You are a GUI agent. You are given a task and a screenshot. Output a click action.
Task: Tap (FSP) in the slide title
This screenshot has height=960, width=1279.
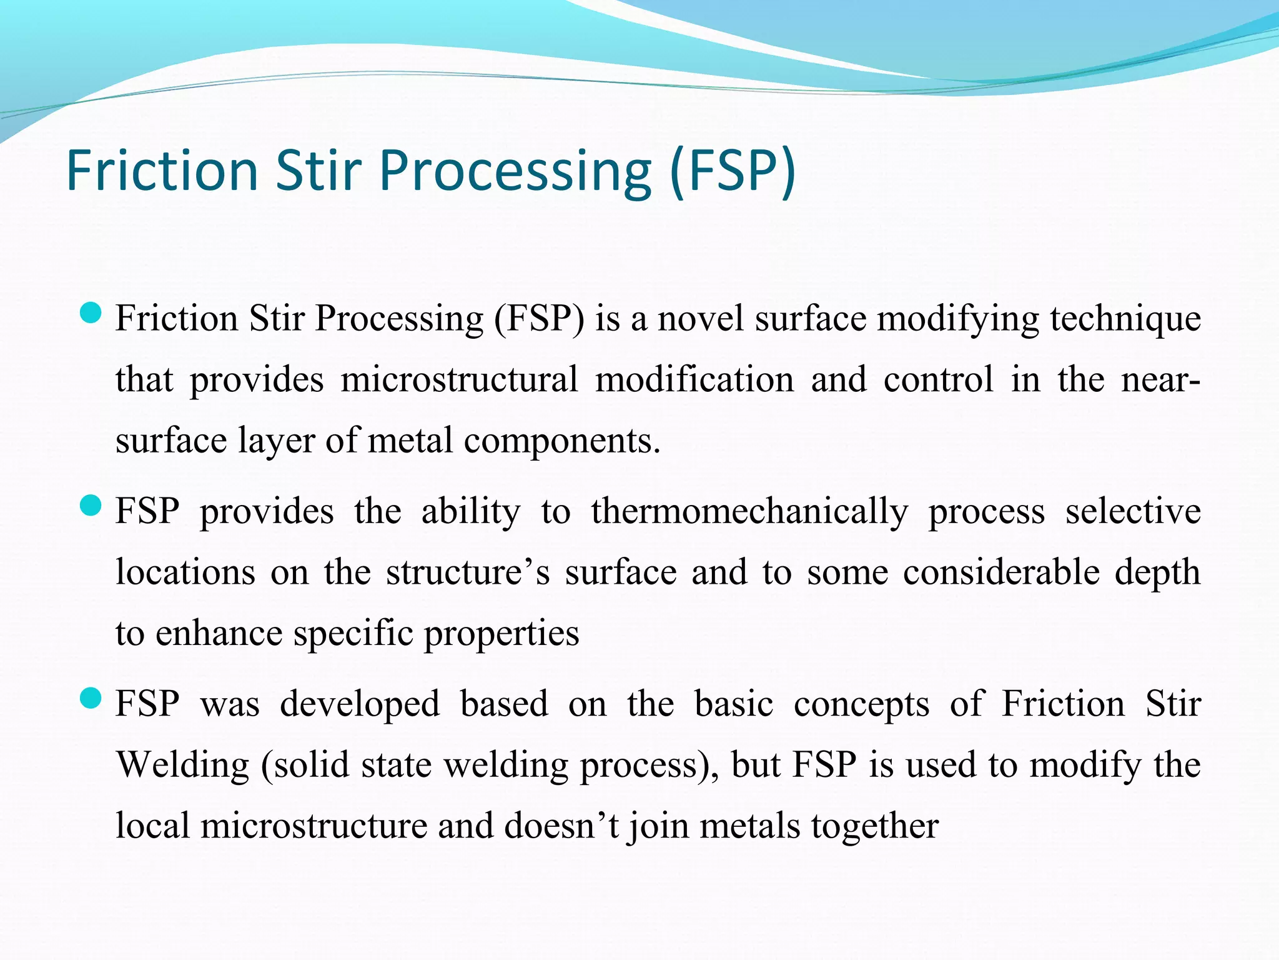pos(733,171)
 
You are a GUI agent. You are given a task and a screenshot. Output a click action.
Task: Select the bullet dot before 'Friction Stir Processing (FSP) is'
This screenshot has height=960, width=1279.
pos(91,313)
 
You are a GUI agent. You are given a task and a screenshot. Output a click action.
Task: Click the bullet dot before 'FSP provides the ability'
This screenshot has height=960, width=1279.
pos(91,506)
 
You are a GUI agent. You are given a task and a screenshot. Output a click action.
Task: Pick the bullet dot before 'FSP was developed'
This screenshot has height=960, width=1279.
pos(91,698)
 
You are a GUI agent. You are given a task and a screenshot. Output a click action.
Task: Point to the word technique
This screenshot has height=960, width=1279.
pos(1125,318)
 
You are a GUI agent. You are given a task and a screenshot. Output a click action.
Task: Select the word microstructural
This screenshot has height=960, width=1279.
pos(459,379)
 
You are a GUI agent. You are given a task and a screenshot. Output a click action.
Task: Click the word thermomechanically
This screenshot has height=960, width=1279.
pos(749,511)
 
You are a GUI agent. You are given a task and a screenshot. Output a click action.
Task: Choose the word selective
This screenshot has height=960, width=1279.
pos(1132,511)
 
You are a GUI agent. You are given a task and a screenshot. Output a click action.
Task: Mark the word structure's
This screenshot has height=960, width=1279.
pos(468,572)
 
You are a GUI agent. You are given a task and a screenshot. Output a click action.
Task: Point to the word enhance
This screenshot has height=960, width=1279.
pos(219,633)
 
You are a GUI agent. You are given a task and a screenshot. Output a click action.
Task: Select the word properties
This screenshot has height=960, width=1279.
pos(501,633)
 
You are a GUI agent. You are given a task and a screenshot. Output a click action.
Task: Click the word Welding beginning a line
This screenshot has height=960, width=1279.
pos(183,764)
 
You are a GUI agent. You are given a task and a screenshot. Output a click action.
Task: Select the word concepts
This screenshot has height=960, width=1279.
pos(861,704)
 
